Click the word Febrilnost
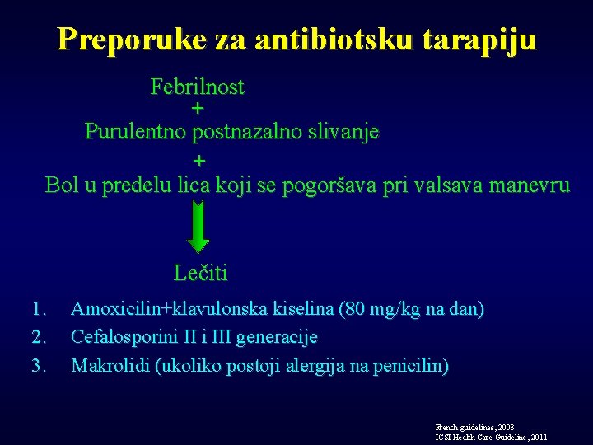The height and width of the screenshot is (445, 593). pyautogui.click(x=197, y=87)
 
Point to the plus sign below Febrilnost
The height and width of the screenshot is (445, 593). pyautogui.click(x=198, y=109)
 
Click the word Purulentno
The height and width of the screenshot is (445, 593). pyautogui.click(x=135, y=132)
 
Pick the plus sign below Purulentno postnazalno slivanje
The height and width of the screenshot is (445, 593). pyautogui.click(x=198, y=159)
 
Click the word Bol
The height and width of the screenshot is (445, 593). pyautogui.click(x=62, y=185)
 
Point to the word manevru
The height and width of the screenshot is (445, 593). pyautogui.click(x=530, y=185)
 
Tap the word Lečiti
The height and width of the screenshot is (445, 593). pyautogui.click(x=201, y=273)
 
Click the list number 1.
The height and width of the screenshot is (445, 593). pyautogui.click(x=37, y=310)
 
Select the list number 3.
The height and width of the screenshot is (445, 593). pyautogui.click(x=37, y=365)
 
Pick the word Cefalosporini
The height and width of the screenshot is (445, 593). pyautogui.click(x=119, y=337)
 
